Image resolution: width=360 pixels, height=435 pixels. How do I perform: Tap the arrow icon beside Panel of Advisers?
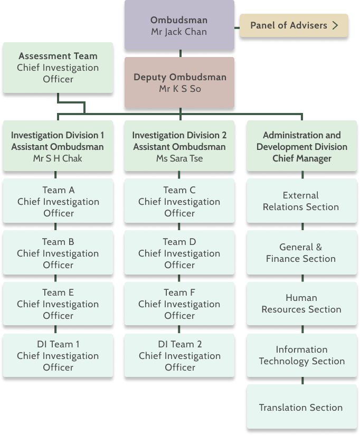pyautogui.click(x=335, y=25)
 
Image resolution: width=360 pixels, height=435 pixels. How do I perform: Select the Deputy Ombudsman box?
pyautogui.click(x=179, y=83)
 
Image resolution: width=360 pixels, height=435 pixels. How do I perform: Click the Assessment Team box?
pyautogui.click(x=58, y=68)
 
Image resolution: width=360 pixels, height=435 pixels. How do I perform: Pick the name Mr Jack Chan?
pyautogui.click(x=179, y=32)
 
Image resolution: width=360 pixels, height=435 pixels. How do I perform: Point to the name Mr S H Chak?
pyautogui.click(x=58, y=158)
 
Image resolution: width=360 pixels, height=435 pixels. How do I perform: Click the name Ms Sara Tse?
pyautogui.click(x=179, y=158)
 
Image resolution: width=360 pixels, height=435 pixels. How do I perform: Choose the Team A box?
pyautogui.click(x=58, y=201)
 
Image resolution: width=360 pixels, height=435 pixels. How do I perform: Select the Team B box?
pyautogui.click(x=58, y=253)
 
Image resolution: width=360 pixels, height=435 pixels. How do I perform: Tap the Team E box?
pyautogui.click(x=58, y=304)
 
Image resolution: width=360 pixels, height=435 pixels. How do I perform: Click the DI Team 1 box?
pyautogui.click(x=58, y=355)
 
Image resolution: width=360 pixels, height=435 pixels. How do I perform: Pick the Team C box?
pyautogui.click(x=179, y=201)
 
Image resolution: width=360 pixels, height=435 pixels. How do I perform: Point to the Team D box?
pyautogui.click(x=179, y=253)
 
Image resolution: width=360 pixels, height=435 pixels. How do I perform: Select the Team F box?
pyautogui.click(x=179, y=304)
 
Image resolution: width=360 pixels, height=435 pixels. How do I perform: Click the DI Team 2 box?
pyautogui.click(x=179, y=355)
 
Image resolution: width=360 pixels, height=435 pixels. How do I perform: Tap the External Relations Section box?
pyautogui.click(x=301, y=201)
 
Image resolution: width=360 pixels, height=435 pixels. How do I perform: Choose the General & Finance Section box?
pyautogui.click(x=301, y=253)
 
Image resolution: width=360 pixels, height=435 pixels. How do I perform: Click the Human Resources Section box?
pyautogui.click(x=301, y=304)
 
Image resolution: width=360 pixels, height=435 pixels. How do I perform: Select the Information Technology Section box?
pyautogui.click(x=301, y=355)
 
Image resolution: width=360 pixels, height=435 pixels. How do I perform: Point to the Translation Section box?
pyautogui.click(x=301, y=407)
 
